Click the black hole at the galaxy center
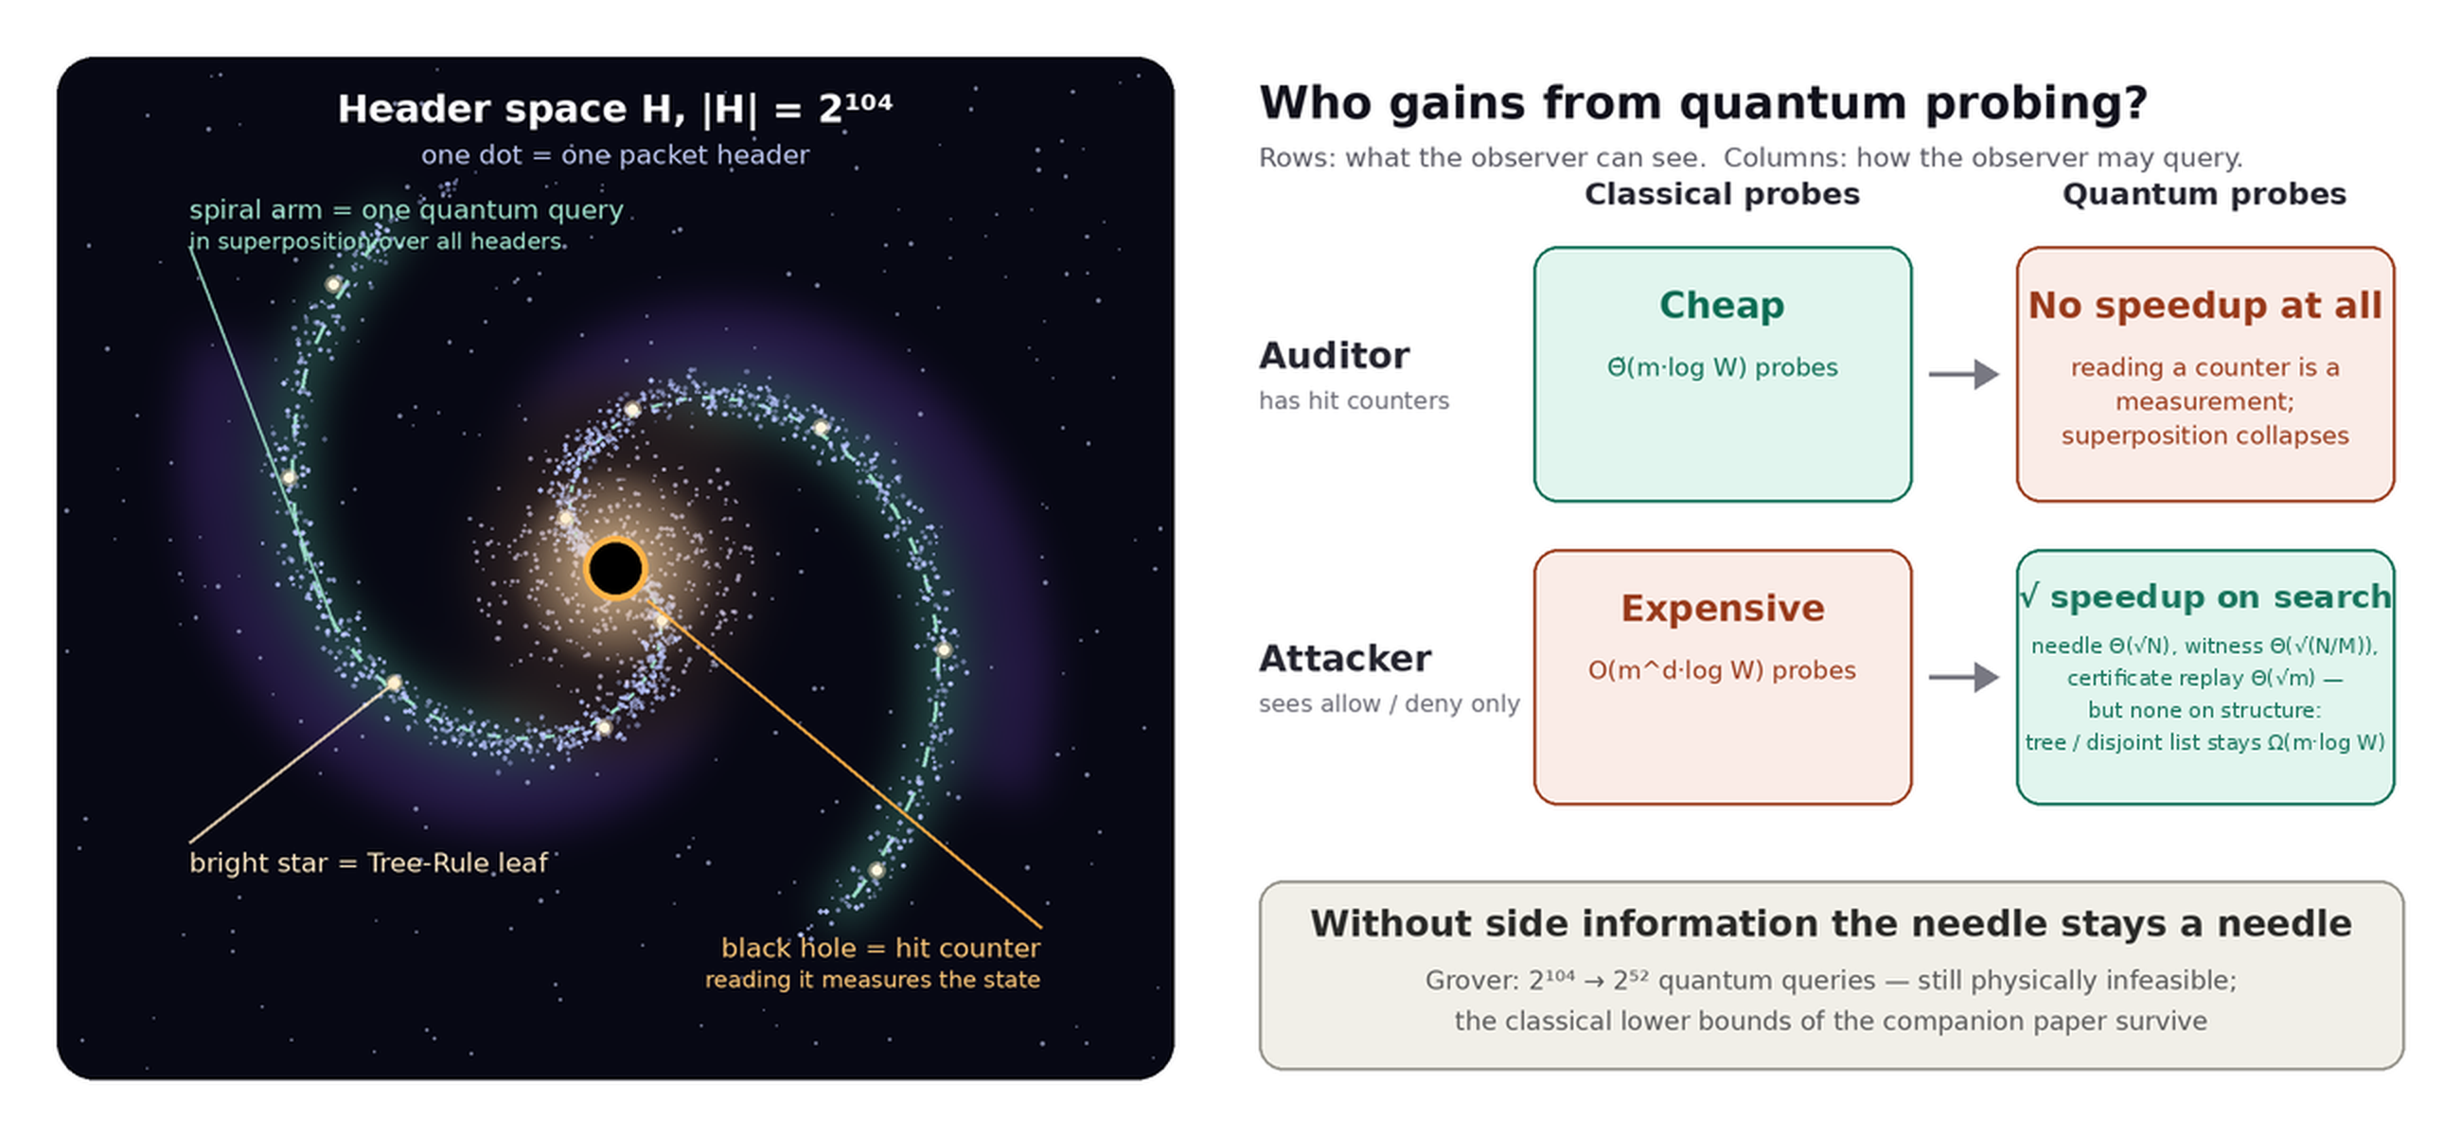coord(615,569)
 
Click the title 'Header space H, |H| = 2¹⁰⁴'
coord(614,109)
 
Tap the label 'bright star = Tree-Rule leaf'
coord(369,862)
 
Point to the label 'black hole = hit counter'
coord(880,948)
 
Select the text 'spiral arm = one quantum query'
coord(406,210)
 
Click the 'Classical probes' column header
coord(1722,195)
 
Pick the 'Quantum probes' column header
coord(2204,195)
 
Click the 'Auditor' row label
coord(1334,355)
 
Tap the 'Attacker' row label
coord(1345,658)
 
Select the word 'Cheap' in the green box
coord(1722,306)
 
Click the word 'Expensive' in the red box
coord(1723,609)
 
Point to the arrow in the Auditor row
coord(1963,374)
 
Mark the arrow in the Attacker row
coord(1963,677)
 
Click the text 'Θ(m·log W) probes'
coord(1722,368)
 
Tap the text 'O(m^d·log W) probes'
coord(1722,670)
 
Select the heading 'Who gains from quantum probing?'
coord(1703,103)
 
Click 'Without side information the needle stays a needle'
coord(1831,924)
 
